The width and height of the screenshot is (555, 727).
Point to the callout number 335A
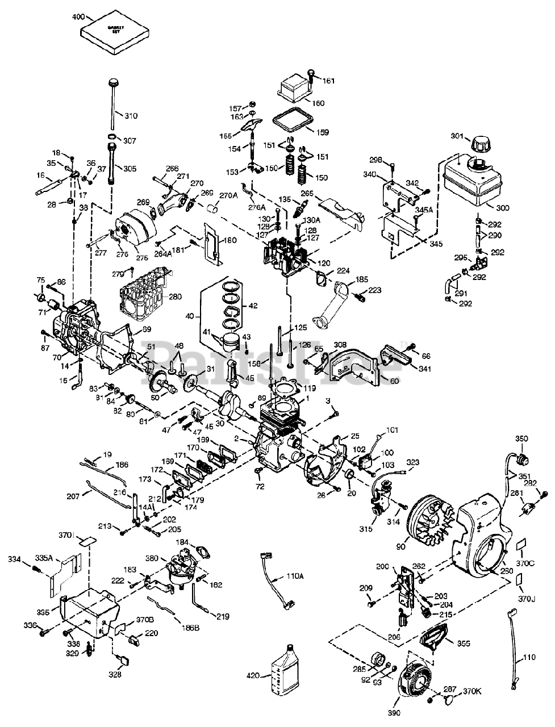tap(44, 558)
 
